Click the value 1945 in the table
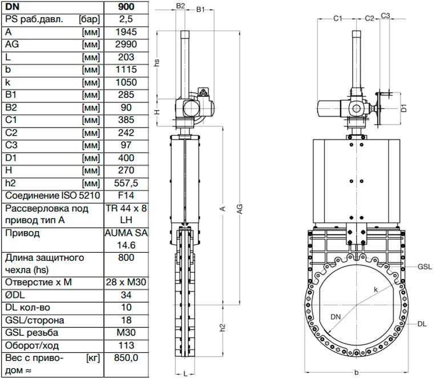pos(126,32)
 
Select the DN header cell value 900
pos(126,7)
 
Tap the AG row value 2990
pos(126,44)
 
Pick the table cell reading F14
pos(126,195)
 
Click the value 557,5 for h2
pos(126,183)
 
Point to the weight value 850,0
pos(126,358)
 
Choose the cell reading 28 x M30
pos(126,282)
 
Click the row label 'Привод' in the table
pos(22,233)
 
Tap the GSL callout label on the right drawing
pos(425,267)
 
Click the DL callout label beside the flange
pos(422,324)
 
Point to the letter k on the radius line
pos(376,290)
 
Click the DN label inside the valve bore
pos(336,317)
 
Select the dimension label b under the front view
pos(357,372)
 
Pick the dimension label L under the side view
pos(185,374)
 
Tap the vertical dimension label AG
pos(240,209)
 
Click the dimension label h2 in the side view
pos(223,327)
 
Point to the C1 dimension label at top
pos(338,19)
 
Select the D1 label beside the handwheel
pos(404,108)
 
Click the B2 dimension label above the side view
pos(180,6)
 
